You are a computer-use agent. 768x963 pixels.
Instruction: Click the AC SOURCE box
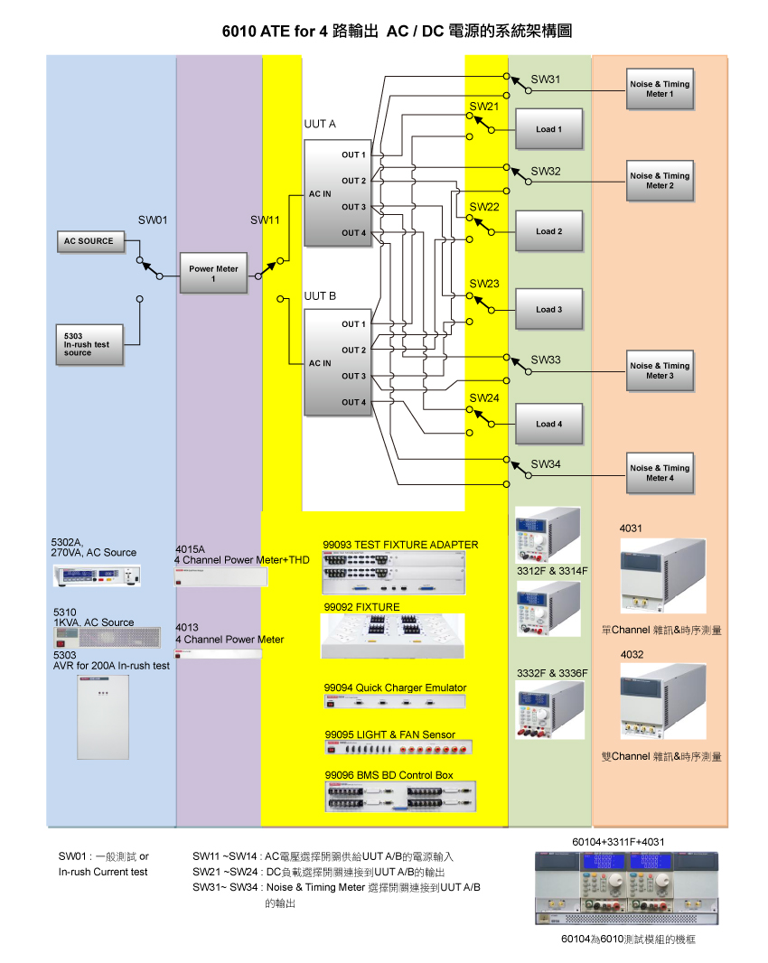[89, 241]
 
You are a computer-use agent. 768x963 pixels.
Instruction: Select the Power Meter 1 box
[213, 274]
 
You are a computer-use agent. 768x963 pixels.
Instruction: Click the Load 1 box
[548, 129]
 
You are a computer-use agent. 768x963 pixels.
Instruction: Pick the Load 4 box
[548, 424]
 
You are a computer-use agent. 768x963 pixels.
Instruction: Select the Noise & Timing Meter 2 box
[660, 181]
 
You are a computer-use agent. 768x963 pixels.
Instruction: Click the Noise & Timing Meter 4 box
[660, 473]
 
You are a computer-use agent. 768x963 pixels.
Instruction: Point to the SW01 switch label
[153, 220]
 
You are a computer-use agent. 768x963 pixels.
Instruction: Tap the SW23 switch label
[484, 284]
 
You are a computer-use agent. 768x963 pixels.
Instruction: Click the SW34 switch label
[546, 464]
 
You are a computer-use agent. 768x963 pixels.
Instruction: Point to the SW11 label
[265, 220]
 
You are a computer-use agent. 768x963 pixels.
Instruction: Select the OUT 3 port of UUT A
[353, 207]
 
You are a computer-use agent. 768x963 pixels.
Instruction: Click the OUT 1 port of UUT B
[353, 323]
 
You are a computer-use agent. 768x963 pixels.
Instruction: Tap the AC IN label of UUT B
[320, 363]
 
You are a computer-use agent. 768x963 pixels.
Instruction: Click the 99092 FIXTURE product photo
[393, 637]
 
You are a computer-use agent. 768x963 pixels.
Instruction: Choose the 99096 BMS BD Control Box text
[389, 775]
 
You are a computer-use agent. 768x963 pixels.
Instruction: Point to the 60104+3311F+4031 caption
[618, 842]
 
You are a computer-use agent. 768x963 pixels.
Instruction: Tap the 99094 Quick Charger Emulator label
[395, 687]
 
